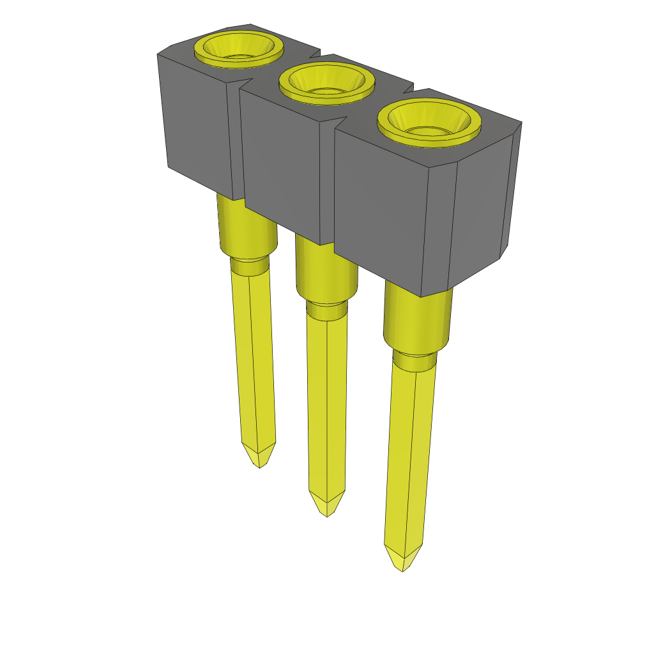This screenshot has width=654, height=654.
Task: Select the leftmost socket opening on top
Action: coord(238,49)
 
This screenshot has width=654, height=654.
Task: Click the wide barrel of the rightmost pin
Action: coord(417,319)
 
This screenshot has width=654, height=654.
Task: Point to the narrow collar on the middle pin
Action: coord(327,310)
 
